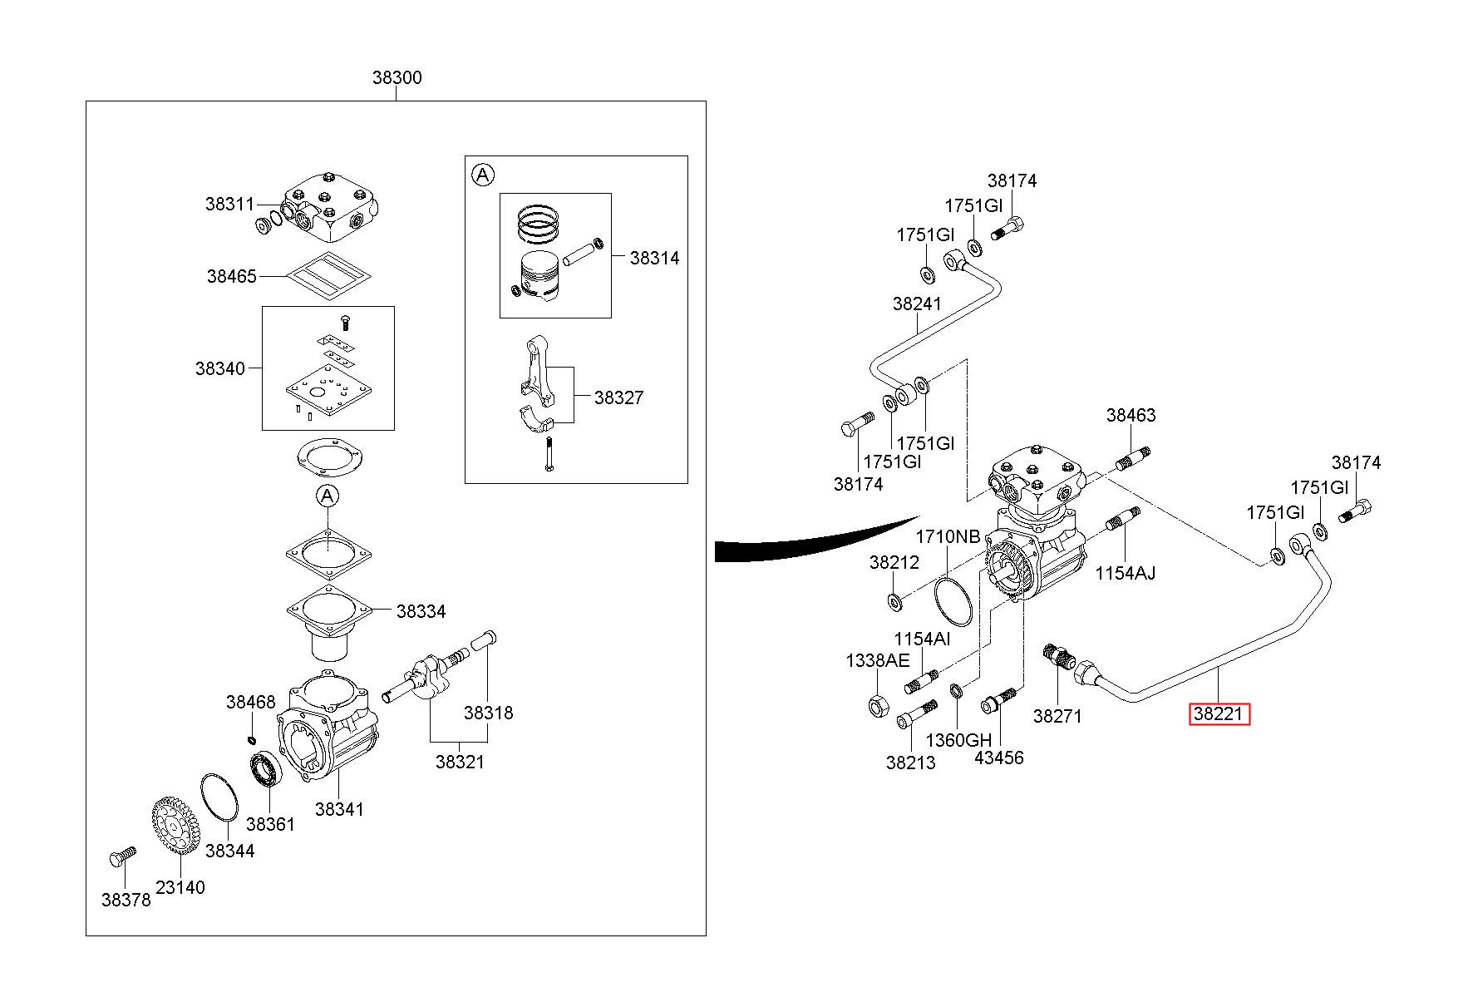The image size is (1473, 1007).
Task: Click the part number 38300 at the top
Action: pyautogui.click(x=397, y=78)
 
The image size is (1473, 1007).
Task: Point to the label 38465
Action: pyautogui.click(x=232, y=276)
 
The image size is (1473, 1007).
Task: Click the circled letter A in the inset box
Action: pyautogui.click(x=482, y=175)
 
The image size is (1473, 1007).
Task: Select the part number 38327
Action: pyautogui.click(x=618, y=397)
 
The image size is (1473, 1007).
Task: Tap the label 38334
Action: pyautogui.click(x=421, y=612)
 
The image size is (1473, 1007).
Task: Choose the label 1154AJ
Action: pyautogui.click(x=1125, y=573)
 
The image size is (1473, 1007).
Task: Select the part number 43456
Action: pyautogui.click(x=999, y=758)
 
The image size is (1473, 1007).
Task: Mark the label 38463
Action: pyautogui.click(x=1131, y=416)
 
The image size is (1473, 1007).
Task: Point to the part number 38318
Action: pyautogui.click(x=488, y=713)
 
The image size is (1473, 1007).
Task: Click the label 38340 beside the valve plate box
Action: pyautogui.click(x=220, y=368)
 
